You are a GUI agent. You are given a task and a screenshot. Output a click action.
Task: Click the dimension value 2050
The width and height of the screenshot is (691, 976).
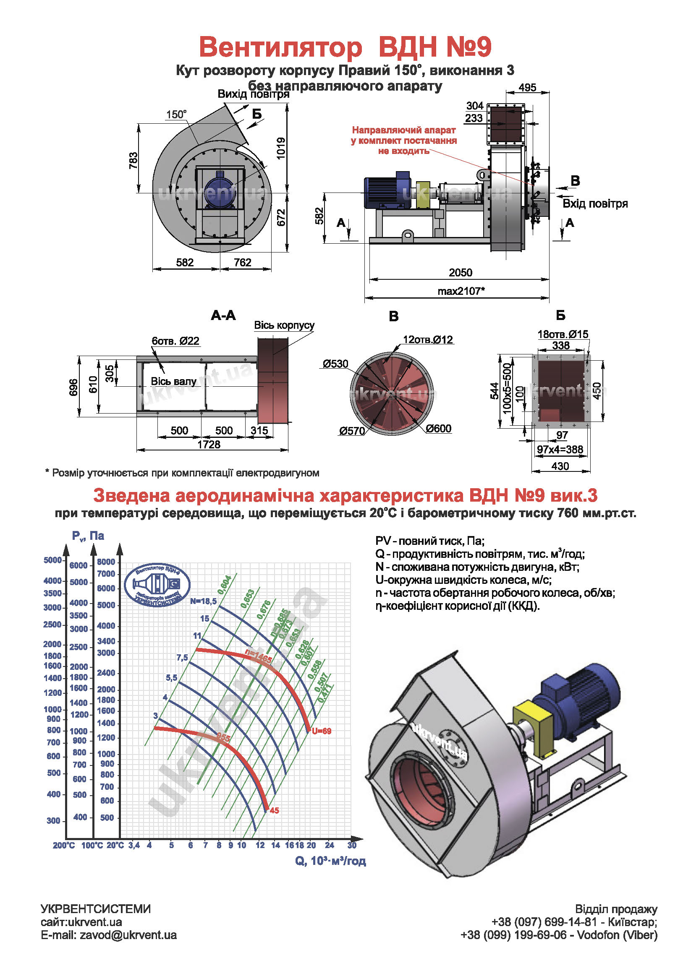coord(461,273)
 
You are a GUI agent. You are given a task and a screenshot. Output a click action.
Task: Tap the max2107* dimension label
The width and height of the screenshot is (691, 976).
coord(461,291)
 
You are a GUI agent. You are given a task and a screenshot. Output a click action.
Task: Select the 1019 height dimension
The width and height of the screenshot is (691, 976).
coord(281,148)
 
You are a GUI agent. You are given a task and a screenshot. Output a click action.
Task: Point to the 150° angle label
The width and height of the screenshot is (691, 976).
coord(176,115)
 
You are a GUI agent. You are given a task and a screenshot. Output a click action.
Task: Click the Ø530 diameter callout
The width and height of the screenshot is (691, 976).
coord(335,364)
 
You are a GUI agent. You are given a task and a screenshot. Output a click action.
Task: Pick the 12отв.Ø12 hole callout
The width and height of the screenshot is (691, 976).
coord(428,340)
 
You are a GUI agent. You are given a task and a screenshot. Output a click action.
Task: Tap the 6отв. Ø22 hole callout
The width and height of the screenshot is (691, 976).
coord(175,341)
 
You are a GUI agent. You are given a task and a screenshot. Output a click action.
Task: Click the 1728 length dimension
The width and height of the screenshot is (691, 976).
coord(209,444)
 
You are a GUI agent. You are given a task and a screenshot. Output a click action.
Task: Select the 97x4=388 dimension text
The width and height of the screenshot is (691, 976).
coord(560,449)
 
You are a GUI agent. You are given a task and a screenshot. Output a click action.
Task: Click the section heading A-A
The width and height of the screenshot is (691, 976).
coord(223,315)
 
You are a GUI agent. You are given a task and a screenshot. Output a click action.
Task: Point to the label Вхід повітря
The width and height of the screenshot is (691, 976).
coord(595,203)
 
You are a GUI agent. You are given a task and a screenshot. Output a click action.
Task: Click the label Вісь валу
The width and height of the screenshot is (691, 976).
coord(174,381)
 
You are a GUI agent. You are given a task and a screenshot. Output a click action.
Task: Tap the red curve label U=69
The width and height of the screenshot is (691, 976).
coord(321,731)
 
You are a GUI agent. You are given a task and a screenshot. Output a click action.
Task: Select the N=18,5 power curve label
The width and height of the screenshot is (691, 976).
coord(203,601)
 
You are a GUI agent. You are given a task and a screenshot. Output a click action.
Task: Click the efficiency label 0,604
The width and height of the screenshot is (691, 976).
coord(224,585)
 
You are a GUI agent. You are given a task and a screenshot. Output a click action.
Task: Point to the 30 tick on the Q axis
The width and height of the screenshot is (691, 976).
coord(351,845)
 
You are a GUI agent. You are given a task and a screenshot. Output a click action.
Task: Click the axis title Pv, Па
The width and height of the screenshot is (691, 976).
coord(88,536)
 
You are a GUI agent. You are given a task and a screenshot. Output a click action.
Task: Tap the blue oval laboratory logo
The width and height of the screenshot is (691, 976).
coord(157,586)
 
